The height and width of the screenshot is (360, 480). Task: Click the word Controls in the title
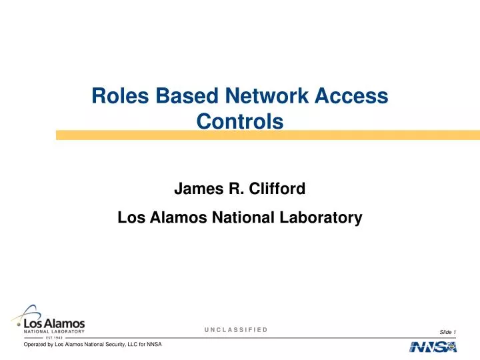tap(240, 122)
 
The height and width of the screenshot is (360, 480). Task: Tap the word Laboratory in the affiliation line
tap(323, 217)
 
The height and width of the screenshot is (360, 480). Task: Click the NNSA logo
tap(433, 347)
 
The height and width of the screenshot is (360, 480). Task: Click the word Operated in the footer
tap(37, 345)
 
